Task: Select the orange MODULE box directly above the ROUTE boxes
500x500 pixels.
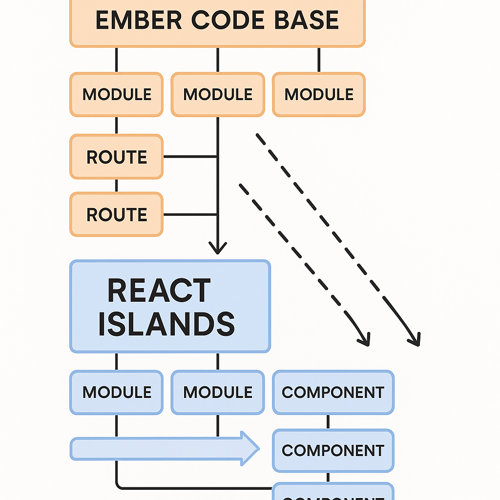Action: tap(116, 95)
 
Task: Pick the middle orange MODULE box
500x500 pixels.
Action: tap(218, 95)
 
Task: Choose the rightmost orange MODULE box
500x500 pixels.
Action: tap(319, 95)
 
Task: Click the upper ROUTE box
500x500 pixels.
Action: tap(116, 157)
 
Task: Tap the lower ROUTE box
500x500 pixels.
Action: tap(116, 214)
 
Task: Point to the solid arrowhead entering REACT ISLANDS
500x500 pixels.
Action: tap(218, 248)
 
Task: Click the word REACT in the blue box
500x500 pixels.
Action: tap(159, 291)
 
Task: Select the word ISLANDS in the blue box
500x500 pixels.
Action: tap(167, 324)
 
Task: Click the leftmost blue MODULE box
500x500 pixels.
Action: tap(116, 392)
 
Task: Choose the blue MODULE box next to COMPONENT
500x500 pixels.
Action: tap(218, 392)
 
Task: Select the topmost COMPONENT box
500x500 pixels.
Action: tap(333, 392)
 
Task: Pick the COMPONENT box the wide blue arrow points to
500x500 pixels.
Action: tap(333, 450)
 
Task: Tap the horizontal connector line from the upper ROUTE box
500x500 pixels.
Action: tap(190, 157)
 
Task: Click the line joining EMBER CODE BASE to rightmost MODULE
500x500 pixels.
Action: tap(319, 60)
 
